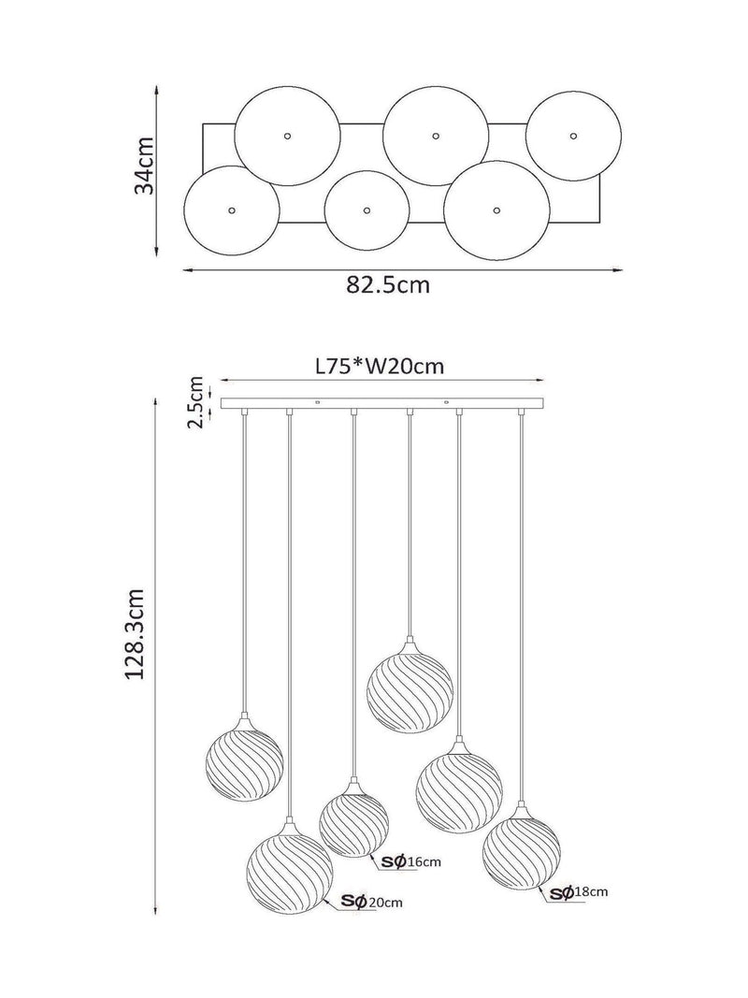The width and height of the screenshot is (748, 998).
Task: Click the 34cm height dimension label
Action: click(x=144, y=166)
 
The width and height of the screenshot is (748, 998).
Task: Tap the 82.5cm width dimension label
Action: click(x=388, y=284)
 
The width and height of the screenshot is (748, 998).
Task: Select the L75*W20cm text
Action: click(x=380, y=367)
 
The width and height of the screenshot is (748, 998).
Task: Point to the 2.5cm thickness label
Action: click(x=196, y=402)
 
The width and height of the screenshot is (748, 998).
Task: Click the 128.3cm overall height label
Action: click(x=135, y=633)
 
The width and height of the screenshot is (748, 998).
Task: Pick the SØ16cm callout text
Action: click(x=410, y=861)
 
